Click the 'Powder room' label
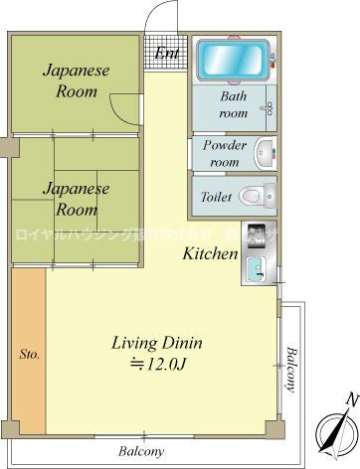point(225,152)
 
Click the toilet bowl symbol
point(258,195)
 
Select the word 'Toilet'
point(217,196)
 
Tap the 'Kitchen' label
point(210,253)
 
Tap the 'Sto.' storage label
point(29,353)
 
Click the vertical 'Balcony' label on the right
point(291,370)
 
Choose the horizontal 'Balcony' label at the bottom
point(141,450)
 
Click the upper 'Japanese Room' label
point(76,81)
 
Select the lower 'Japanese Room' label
point(76,199)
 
